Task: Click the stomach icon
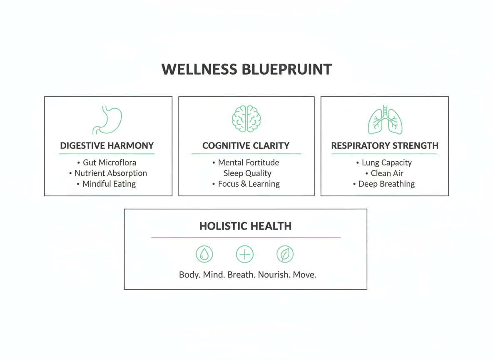coord(107,120)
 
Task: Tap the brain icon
coord(246,119)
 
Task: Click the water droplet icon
coord(204,254)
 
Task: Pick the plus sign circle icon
coord(245,254)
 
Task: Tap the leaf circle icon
coord(285,254)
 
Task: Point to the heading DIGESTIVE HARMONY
coord(107,146)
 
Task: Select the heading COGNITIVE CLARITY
coord(246,146)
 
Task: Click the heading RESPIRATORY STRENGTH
coord(385,146)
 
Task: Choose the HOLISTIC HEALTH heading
coord(245,226)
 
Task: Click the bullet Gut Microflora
coord(109,162)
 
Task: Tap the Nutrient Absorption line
coord(110,173)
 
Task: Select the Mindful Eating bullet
coord(109,184)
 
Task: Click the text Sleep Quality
coord(247,173)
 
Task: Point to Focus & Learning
coord(249,184)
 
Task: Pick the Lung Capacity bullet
coord(386,162)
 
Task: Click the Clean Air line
coord(387,173)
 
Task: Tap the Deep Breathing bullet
coord(386,184)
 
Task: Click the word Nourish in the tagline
coord(274,275)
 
